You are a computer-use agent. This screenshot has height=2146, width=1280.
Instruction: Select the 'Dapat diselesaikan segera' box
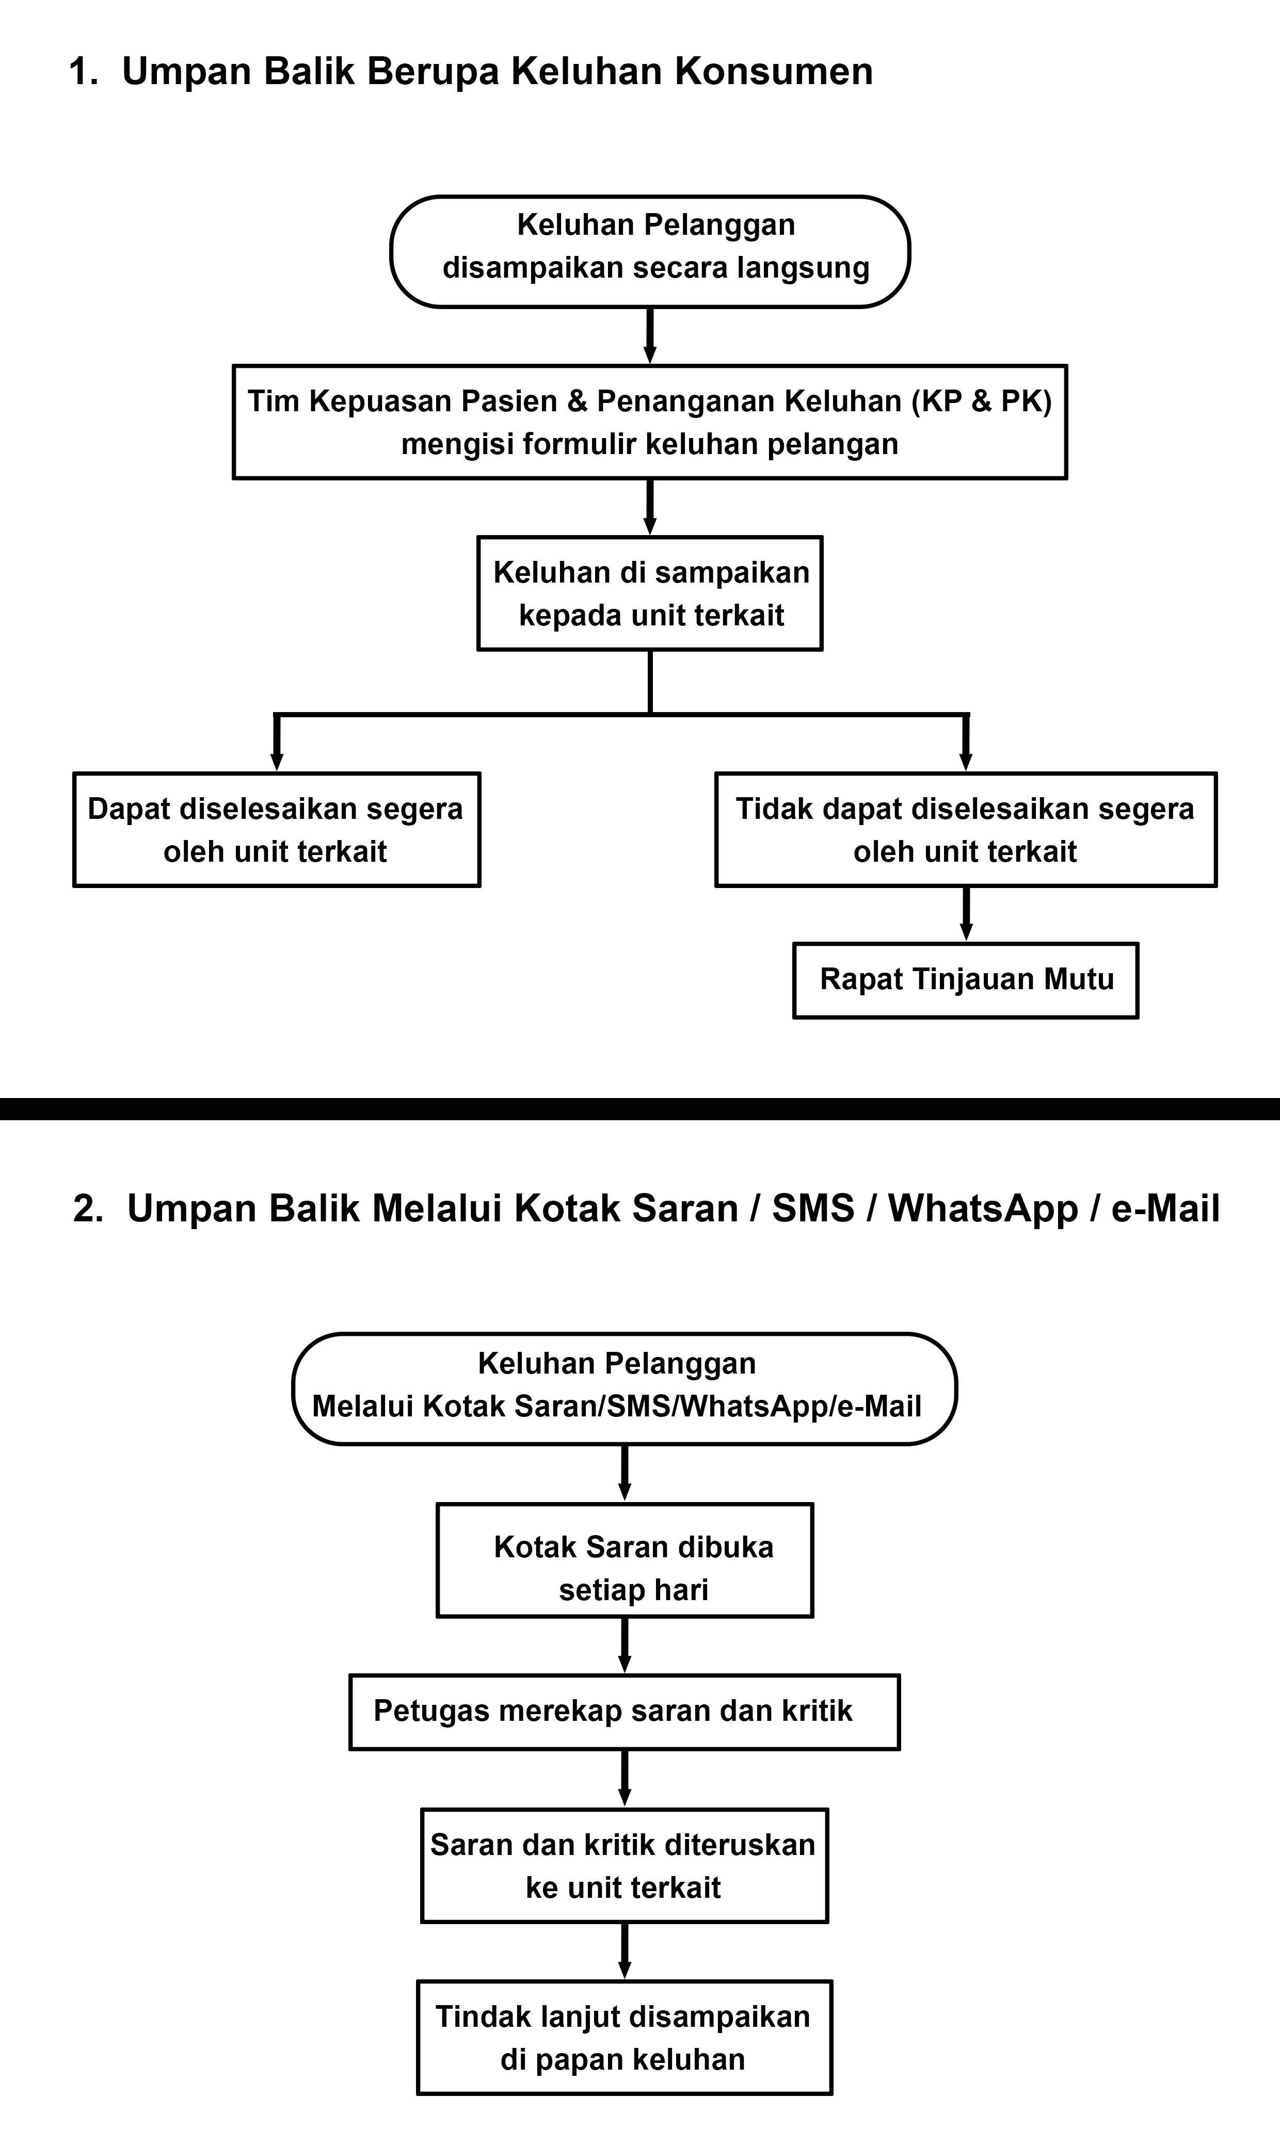(x=276, y=829)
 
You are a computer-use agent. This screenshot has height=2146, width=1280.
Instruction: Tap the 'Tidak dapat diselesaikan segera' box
(x=965, y=829)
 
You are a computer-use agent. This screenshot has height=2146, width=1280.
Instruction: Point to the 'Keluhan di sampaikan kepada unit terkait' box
(x=649, y=593)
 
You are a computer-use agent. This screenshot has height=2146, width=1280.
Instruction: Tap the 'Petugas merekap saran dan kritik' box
(x=625, y=1712)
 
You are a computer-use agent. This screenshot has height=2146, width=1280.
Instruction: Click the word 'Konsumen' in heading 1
(x=774, y=71)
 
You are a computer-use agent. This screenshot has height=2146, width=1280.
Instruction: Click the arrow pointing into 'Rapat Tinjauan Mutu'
(x=966, y=916)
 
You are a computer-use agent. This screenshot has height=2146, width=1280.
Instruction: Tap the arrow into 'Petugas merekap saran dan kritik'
(x=625, y=1647)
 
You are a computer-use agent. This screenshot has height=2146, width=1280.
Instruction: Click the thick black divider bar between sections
(x=640, y=1109)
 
